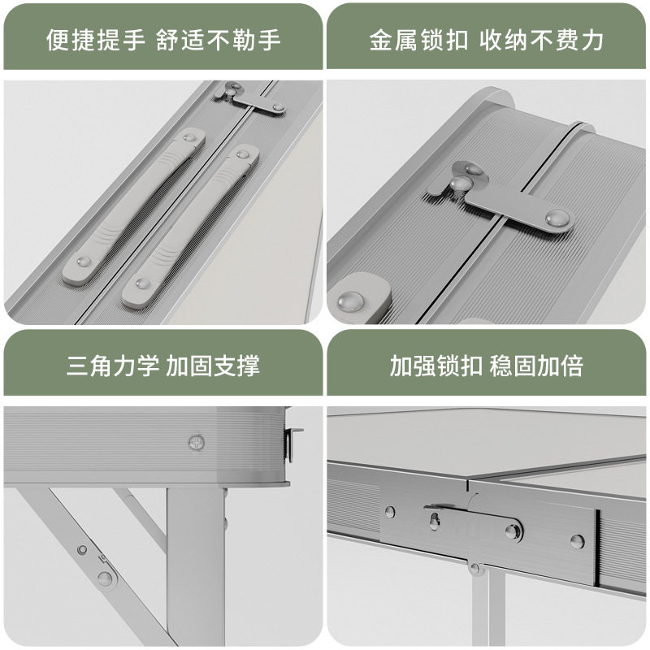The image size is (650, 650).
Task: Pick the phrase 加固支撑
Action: tap(213, 366)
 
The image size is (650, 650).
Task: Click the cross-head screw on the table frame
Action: tap(195, 442)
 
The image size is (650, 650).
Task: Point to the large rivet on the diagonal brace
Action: tap(105, 578)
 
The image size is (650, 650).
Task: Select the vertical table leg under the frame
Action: tap(195, 569)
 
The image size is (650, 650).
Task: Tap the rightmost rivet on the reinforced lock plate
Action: tap(576, 540)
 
